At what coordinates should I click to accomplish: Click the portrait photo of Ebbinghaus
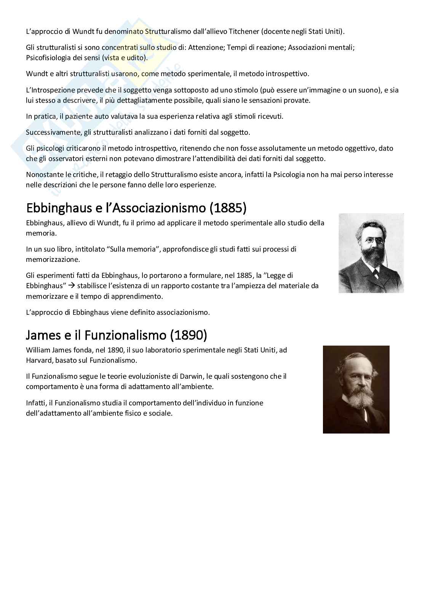(x=371, y=253)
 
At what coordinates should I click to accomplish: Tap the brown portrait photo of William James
(x=356, y=389)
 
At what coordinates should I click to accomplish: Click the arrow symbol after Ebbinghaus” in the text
(x=71, y=285)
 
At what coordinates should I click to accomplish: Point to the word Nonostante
(x=43, y=175)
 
